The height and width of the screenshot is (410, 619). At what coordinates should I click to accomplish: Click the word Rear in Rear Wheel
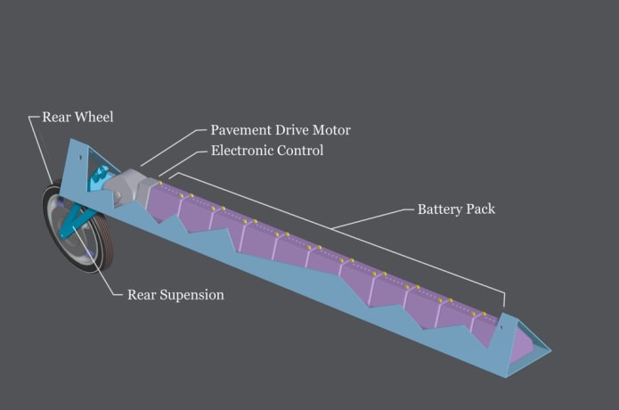(57, 117)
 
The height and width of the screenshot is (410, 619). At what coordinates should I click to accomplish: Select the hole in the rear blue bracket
(80, 157)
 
